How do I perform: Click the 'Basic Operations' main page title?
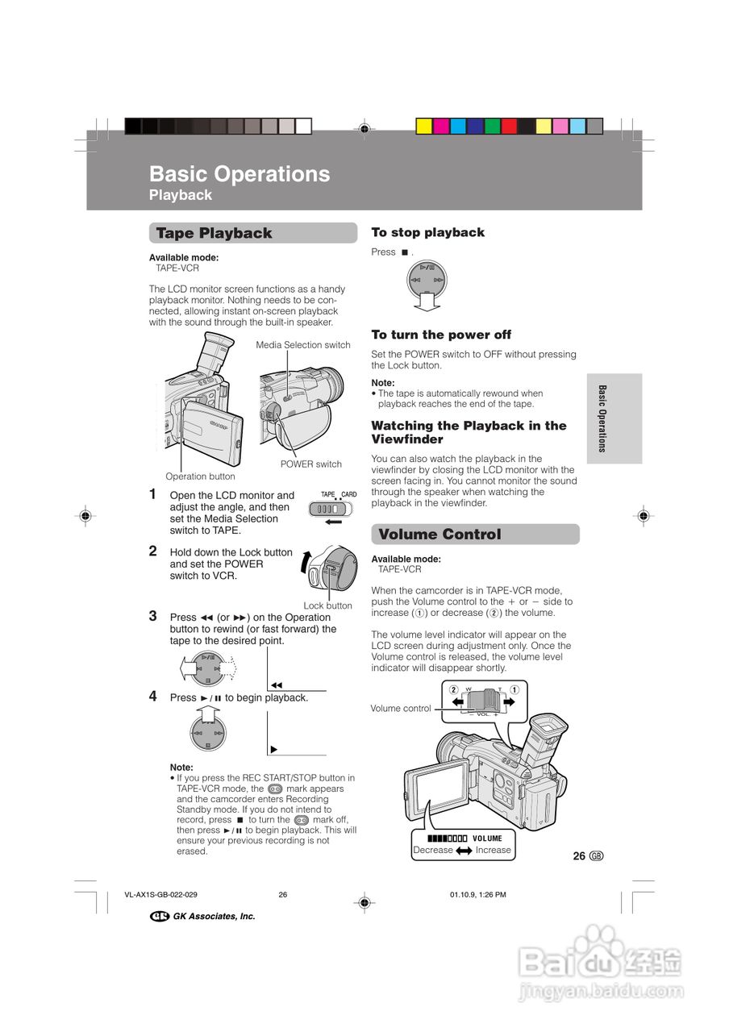point(240,174)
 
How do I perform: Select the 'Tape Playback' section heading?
point(214,234)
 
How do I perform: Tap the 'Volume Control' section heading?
point(439,535)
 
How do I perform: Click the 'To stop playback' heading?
point(427,233)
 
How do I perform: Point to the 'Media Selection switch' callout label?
point(303,345)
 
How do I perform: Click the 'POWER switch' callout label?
point(310,464)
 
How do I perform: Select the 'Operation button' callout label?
point(200,476)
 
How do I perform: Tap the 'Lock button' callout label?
point(327,605)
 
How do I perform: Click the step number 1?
point(152,494)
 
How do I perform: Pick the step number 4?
point(152,696)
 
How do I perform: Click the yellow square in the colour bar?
point(423,126)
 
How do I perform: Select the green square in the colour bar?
point(492,126)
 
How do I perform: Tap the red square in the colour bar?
point(509,126)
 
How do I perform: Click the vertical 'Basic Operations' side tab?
point(602,418)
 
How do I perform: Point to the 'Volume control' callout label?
point(400,709)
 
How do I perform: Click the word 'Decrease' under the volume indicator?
point(433,850)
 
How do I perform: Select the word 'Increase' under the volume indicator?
point(493,850)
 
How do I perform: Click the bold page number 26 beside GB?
point(579,856)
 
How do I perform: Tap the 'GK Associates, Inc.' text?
point(214,917)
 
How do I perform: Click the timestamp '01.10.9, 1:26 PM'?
point(477,894)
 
